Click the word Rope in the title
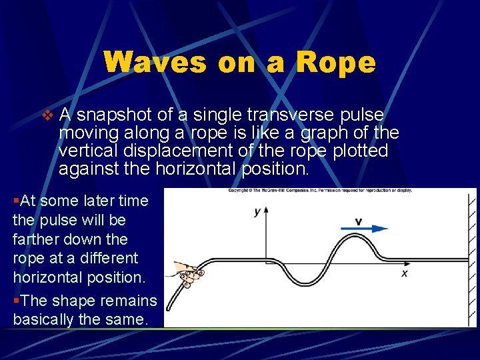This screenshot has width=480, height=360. pos(336,63)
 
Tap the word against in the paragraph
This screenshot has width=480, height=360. pos(89,169)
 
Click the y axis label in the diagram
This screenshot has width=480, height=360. pos(257,212)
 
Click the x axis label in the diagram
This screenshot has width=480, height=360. pos(404,273)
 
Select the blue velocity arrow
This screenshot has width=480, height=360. pos(364,229)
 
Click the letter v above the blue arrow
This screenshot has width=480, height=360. pos(359,221)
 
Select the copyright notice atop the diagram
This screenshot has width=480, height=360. pos(320,191)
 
